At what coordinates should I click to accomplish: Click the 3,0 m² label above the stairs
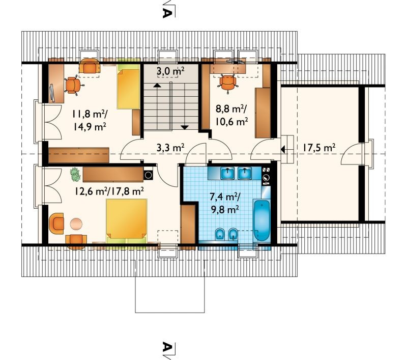(x=170, y=71)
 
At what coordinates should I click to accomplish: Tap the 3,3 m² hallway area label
(x=170, y=148)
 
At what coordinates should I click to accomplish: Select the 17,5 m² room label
(x=319, y=148)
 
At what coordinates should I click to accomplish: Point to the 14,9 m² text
(x=90, y=126)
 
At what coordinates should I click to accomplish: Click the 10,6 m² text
(x=231, y=121)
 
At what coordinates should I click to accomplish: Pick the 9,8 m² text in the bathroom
(x=225, y=209)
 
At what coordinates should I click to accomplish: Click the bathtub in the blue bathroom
(x=261, y=220)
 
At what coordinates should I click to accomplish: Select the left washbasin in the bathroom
(x=227, y=173)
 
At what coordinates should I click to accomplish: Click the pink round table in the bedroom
(x=76, y=224)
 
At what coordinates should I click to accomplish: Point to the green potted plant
(x=75, y=174)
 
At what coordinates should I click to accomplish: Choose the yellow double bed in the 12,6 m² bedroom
(x=127, y=221)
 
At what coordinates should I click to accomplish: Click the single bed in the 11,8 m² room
(x=128, y=86)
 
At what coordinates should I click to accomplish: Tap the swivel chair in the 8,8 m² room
(x=228, y=82)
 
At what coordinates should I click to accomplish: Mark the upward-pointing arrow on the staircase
(x=156, y=85)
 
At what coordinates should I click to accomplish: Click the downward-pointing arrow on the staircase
(x=185, y=127)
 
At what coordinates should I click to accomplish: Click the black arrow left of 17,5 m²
(x=283, y=149)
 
